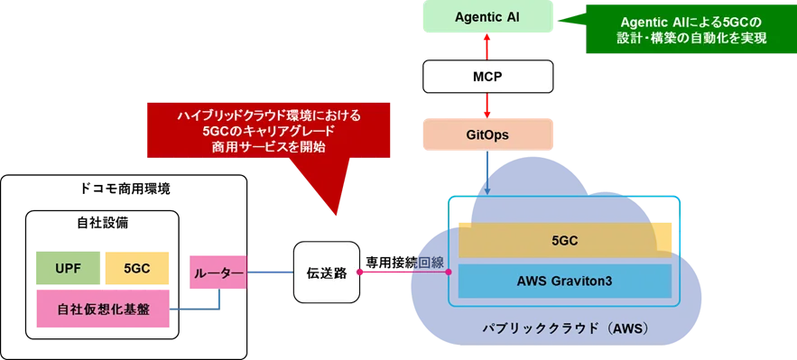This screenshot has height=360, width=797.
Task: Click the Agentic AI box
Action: pos(487,16)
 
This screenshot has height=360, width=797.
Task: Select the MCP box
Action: pos(487,76)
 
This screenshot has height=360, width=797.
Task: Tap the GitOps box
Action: pos(487,134)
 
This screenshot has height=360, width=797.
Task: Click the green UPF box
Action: pos(68,268)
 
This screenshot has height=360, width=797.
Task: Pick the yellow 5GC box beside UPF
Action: pos(137,268)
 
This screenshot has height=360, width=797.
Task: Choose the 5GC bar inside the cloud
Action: pos(565,240)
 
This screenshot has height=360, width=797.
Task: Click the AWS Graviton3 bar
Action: pos(565,281)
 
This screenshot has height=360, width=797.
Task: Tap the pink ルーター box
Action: pos(218,272)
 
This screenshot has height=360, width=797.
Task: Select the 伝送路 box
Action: pos(327,272)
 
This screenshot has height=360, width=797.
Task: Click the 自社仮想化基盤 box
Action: pos(103,309)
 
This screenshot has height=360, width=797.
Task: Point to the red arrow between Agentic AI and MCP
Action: pos(487,46)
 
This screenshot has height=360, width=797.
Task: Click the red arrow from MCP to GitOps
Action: pos(487,106)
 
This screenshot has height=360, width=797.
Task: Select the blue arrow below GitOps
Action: pos(487,172)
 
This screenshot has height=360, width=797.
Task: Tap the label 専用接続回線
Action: pos(405,263)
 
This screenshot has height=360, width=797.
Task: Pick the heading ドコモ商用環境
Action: pos(125,189)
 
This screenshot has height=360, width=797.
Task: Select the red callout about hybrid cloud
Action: pos(268,131)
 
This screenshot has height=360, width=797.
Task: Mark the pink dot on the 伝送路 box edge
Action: pos(359,272)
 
